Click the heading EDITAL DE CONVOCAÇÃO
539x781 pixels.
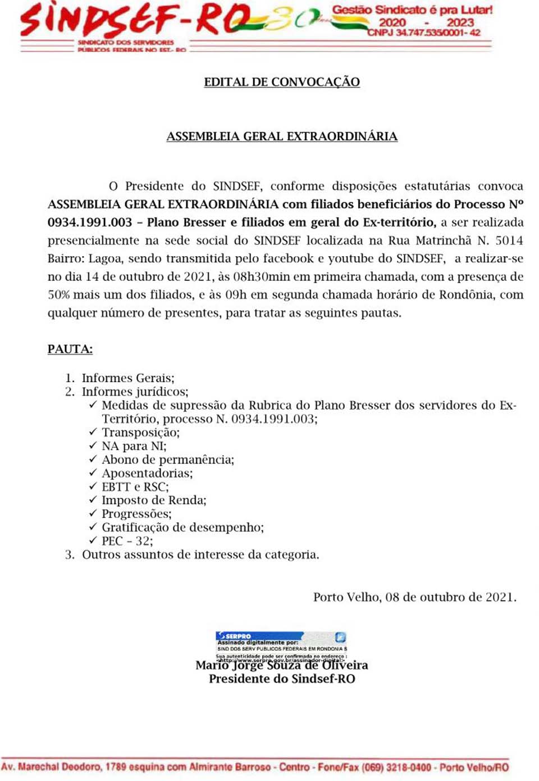tap(282, 82)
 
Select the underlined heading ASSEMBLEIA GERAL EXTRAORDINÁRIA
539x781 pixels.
tap(282, 137)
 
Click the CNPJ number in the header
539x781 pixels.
tap(424, 33)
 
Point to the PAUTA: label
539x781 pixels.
tap(70, 349)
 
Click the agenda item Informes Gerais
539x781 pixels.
tap(128, 378)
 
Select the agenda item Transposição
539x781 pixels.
tap(140, 433)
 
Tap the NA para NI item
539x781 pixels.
tap(134, 446)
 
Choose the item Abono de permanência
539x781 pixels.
tap(167, 460)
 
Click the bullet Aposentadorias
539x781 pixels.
tap(147, 473)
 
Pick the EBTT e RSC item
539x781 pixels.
tap(135, 487)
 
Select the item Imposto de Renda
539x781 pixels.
tap(154, 500)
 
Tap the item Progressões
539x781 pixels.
tap(136, 514)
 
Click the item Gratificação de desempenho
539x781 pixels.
tap(182, 527)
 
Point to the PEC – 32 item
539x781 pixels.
tap(127, 541)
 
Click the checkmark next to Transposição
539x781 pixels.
tap(93, 432)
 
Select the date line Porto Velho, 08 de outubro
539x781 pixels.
tap(414, 597)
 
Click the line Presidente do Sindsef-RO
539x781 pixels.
tap(282, 679)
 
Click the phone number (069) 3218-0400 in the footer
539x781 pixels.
tap(396, 768)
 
